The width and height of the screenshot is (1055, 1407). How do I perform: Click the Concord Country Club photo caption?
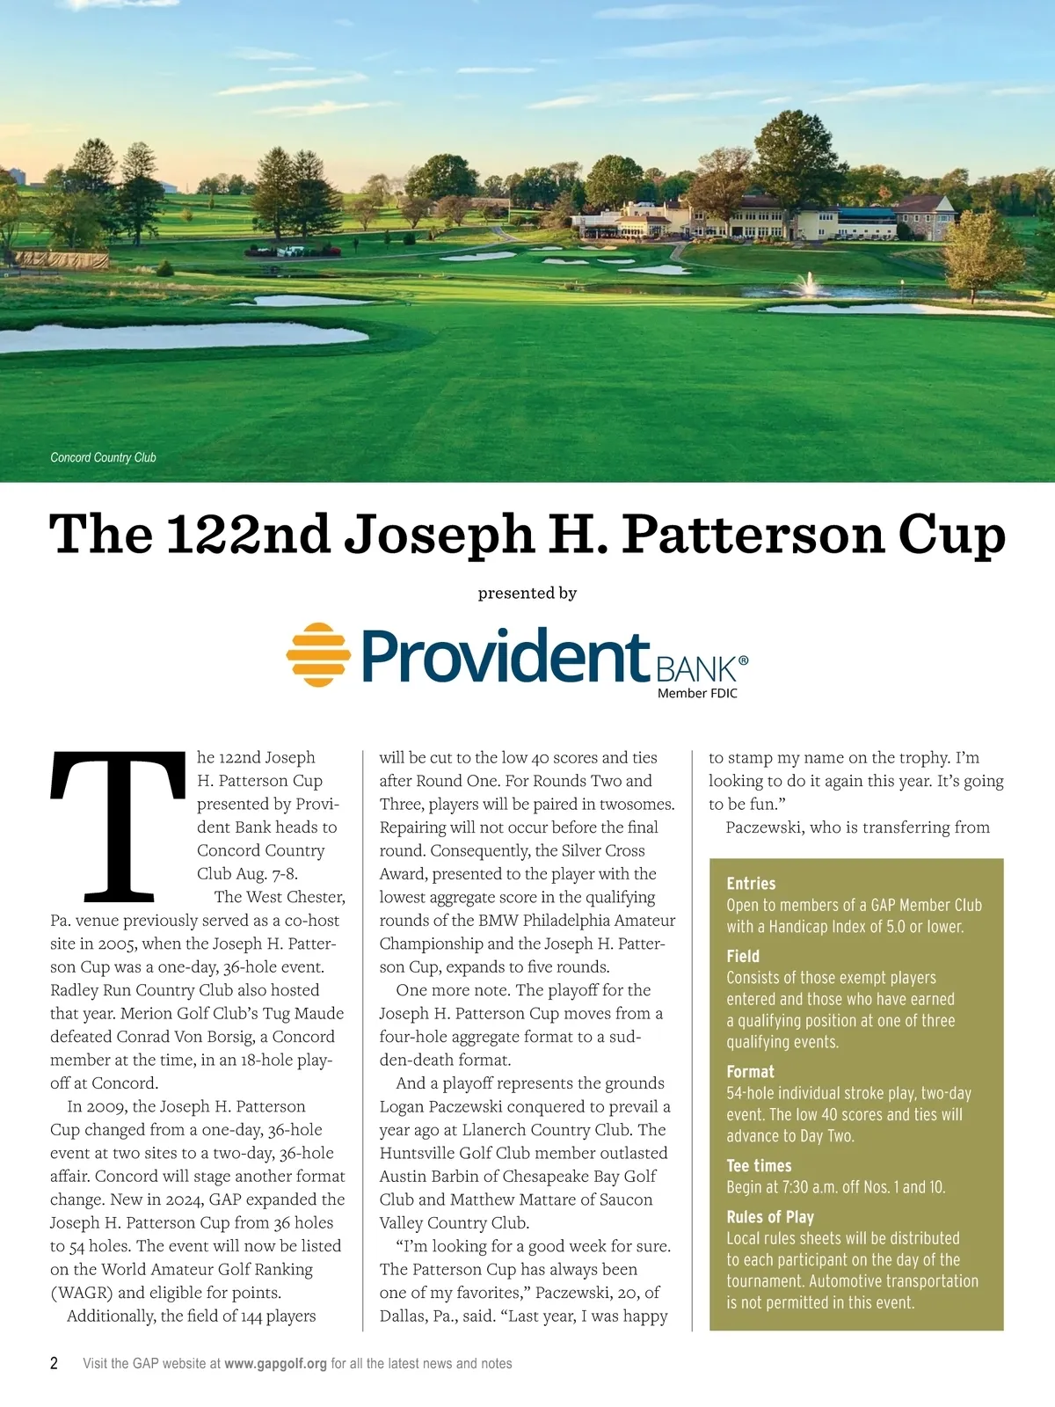pos(103,457)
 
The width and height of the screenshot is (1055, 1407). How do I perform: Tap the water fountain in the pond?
pos(808,283)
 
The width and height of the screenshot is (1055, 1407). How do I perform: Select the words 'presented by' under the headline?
pos(527,593)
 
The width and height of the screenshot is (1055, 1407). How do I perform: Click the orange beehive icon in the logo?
pos(317,655)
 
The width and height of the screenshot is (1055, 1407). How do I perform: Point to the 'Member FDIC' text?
pos(697,693)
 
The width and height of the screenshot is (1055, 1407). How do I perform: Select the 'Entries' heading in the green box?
pos(751,884)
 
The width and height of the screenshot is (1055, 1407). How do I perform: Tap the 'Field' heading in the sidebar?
pos(743,956)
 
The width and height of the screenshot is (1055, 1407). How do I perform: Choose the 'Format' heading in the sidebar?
pos(750,1071)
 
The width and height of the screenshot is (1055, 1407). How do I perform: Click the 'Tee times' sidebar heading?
pos(759,1165)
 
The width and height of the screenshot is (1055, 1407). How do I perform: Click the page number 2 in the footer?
pos(55,1363)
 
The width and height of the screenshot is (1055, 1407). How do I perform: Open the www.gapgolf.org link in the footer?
pos(275,1363)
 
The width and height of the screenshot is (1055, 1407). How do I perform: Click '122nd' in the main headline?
pos(249,535)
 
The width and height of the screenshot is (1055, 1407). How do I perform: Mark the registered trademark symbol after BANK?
pos(744,660)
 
